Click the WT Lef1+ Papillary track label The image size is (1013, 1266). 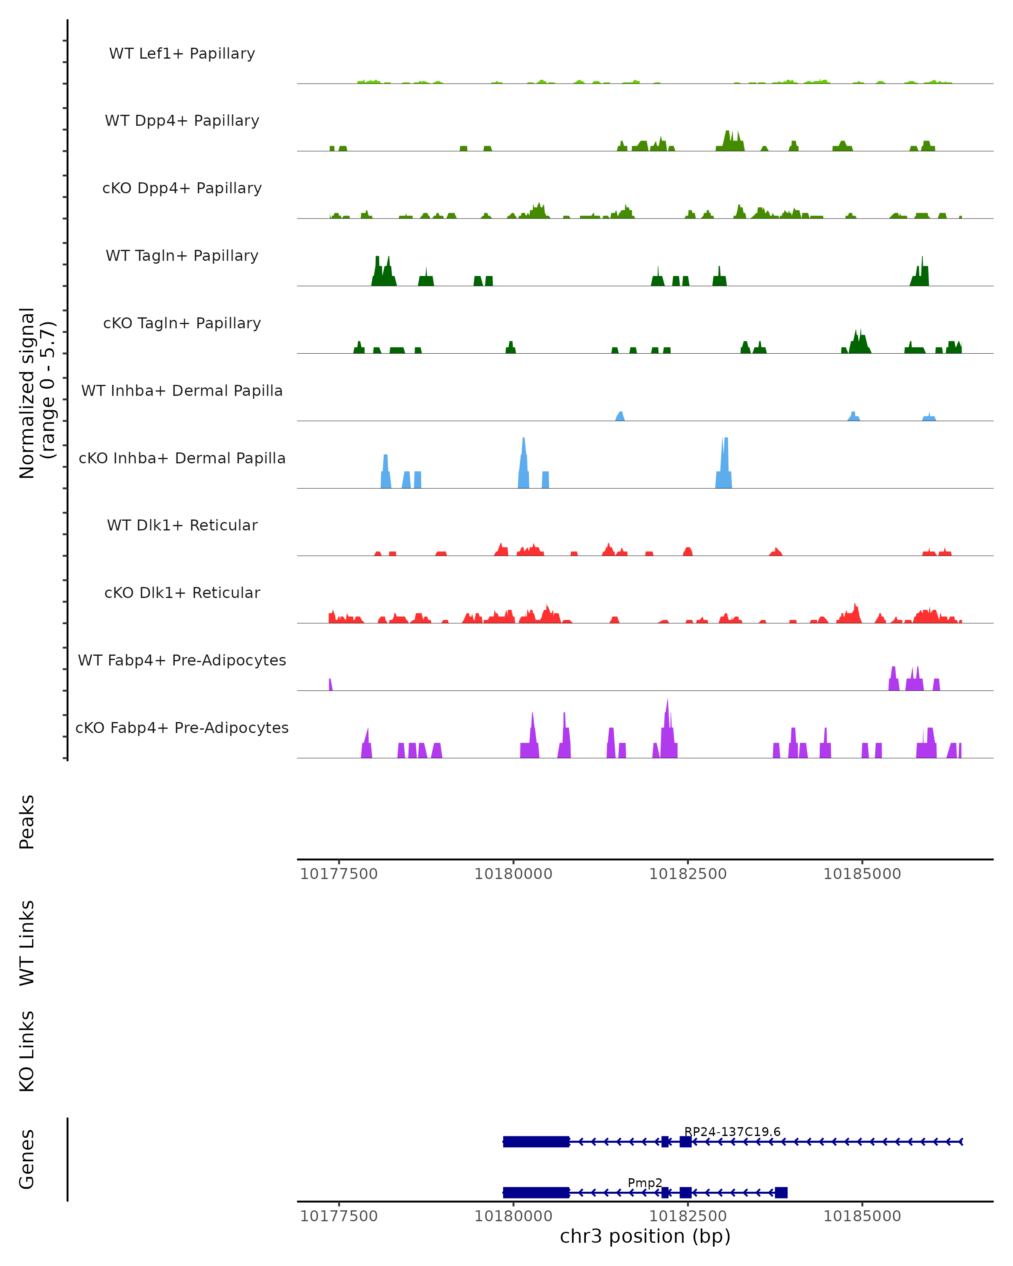pyautogui.click(x=182, y=54)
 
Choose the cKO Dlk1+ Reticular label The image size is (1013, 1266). pyautogui.click(x=182, y=592)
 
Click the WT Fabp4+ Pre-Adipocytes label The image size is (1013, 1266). pyautogui.click(x=182, y=660)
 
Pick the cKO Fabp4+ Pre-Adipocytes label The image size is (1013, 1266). pyautogui.click(x=182, y=728)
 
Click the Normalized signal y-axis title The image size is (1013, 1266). pyautogui.click(x=36, y=393)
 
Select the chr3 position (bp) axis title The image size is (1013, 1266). pyautogui.click(x=645, y=1236)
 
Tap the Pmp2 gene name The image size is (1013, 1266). pyautogui.click(x=645, y=1182)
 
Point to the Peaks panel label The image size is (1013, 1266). pyautogui.click(x=27, y=822)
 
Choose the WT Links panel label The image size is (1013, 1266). pyautogui.click(x=27, y=942)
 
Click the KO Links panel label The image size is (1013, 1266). pyautogui.click(x=27, y=1051)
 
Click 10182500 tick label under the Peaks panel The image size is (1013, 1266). pyautogui.click(x=688, y=874)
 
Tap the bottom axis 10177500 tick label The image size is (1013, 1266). pyautogui.click(x=339, y=1216)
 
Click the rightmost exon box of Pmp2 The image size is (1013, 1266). pyautogui.click(x=781, y=1192)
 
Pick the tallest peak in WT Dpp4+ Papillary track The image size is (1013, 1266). pyautogui.click(x=728, y=133)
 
